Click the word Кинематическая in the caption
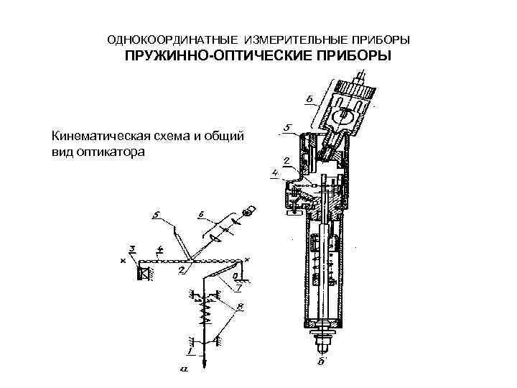coord(100,136)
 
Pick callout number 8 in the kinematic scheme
coord(240,308)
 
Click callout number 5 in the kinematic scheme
coord(157,215)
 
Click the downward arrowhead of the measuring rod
coord(205,365)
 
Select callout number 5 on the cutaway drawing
coord(287,127)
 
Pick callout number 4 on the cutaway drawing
coord(276,172)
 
